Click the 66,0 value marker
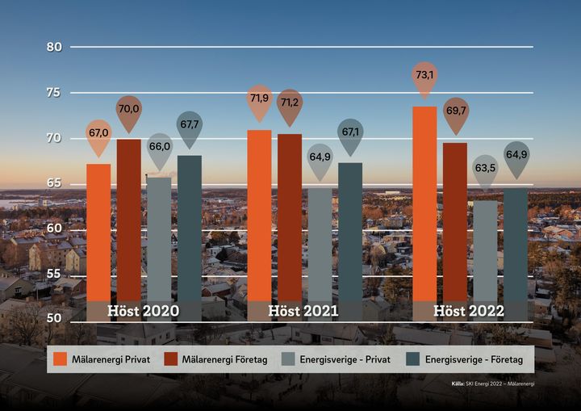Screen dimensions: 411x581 pos(160,147)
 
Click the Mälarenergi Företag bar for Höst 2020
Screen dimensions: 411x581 pos(129,218)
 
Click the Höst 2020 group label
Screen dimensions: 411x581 pos(144,311)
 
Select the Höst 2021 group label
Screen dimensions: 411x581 pos(303,311)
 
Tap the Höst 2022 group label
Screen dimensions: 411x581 pos(469,311)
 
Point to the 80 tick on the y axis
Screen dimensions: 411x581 pos(55,47)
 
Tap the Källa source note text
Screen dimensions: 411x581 pos(493,384)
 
